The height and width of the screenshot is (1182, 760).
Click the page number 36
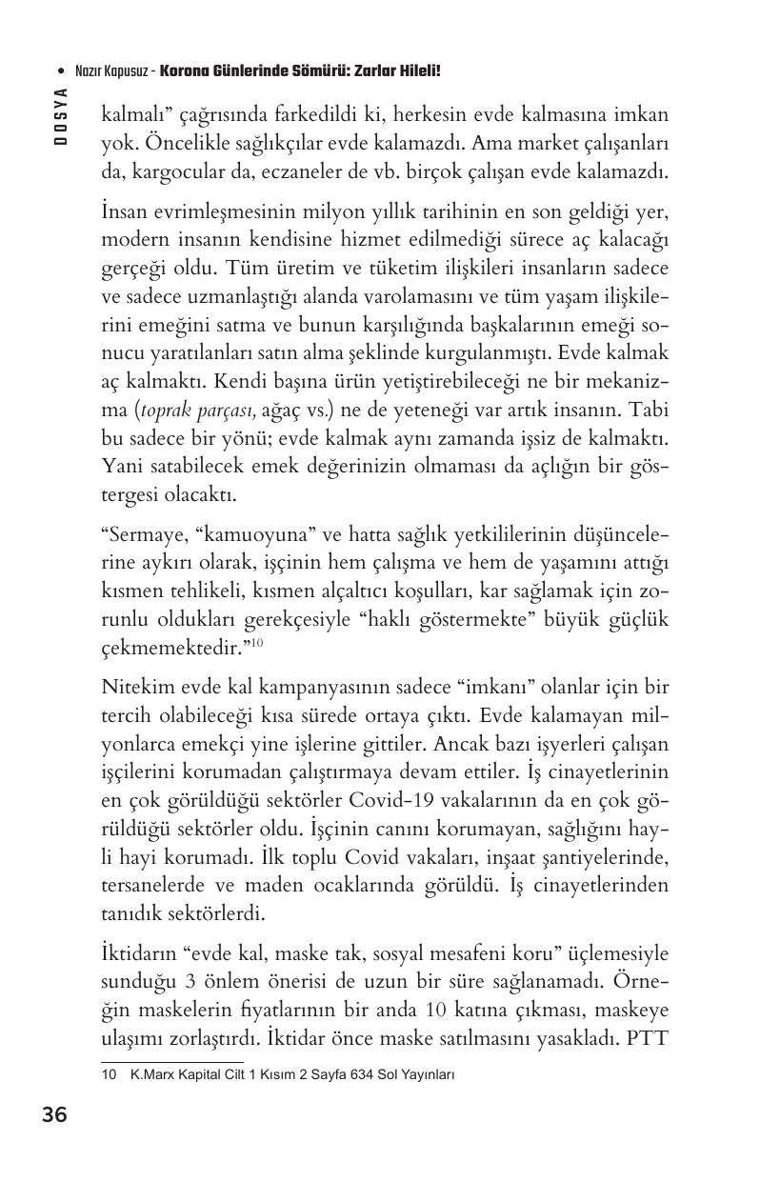point(54,1114)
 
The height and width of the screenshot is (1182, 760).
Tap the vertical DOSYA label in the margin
point(60,115)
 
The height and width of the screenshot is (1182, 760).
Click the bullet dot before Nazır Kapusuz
point(60,71)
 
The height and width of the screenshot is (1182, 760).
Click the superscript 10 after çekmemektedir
point(256,645)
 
